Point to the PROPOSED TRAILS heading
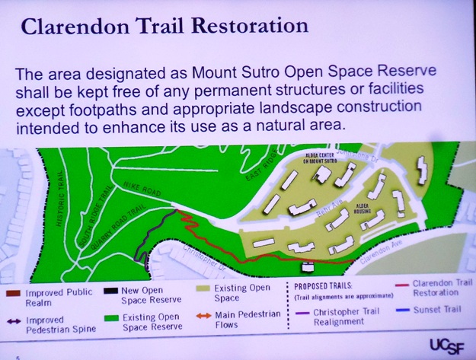coord(324,287)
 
